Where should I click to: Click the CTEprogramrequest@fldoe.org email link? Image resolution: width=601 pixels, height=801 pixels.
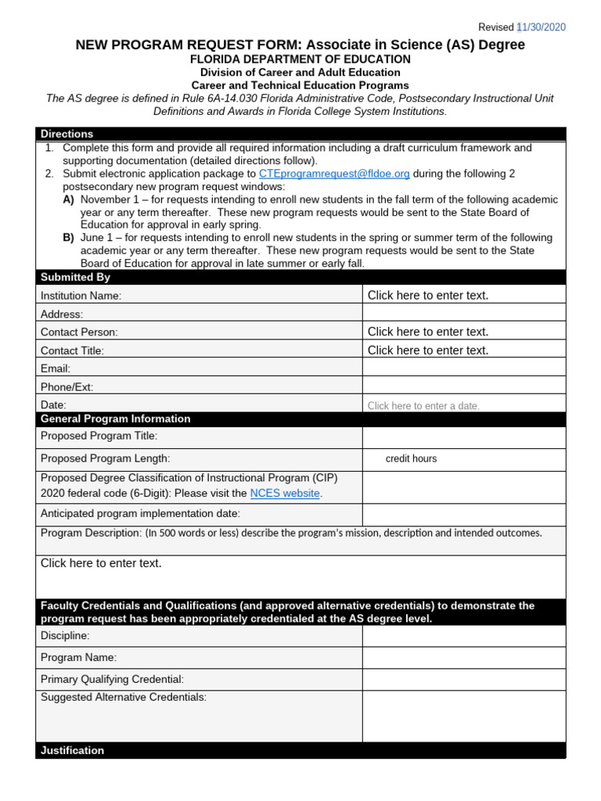334,174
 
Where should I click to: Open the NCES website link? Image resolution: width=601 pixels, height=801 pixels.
285,494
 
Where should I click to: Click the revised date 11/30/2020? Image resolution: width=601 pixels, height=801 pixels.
542,27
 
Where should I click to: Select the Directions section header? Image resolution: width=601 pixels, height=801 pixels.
67,134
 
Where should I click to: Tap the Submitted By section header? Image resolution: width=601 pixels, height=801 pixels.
76,277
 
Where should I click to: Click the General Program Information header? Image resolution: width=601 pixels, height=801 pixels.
115,418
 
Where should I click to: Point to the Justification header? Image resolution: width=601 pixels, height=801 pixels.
72,750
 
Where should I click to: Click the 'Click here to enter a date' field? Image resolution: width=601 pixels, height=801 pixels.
423,405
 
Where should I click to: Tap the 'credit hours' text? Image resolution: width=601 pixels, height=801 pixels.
411,459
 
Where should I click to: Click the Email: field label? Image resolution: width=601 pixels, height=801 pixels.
56,368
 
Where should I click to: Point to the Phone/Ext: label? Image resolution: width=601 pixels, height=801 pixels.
67,387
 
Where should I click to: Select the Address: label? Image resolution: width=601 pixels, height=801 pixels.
62,314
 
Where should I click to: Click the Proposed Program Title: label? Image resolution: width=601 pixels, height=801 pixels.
99,436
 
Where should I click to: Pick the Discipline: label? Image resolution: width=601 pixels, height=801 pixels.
65,636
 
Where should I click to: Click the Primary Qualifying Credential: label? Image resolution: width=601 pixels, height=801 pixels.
112,680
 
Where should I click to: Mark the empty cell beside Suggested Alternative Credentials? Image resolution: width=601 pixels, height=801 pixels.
463,716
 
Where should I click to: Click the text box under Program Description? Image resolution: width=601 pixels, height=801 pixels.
300,577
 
